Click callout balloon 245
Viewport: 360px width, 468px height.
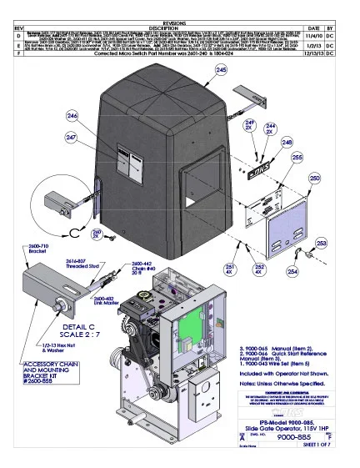(x=220, y=95)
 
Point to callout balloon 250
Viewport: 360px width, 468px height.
(x=315, y=179)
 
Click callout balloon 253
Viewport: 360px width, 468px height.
(x=321, y=242)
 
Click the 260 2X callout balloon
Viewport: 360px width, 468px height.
(x=97, y=234)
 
